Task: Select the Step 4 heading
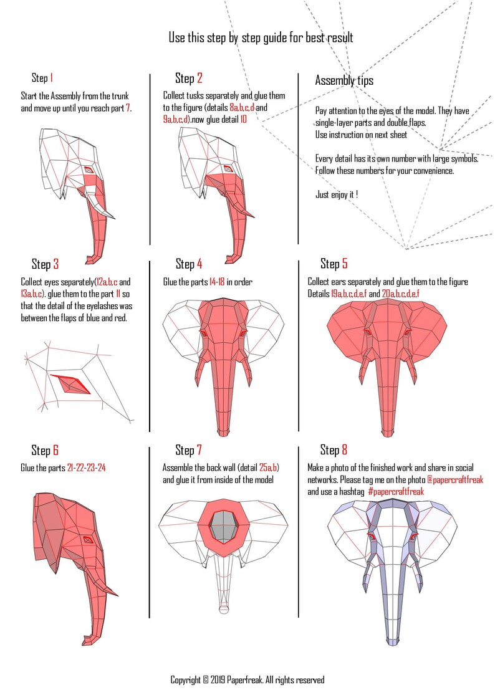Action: (x=189, y=264)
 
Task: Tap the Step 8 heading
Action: (x=334, y=450)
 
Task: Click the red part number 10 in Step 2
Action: (x=243, y=119)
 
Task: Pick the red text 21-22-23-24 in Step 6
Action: (x=86, y=468)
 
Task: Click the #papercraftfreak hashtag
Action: (x=396, y=492)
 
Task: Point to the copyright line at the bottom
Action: (x=247, y=680)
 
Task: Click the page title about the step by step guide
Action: (x=261, y=38)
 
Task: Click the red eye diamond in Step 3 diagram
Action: (x=72, y=385)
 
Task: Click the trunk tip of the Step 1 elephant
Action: (x=95, y=258)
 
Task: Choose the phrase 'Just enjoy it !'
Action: (x=337, y=194)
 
